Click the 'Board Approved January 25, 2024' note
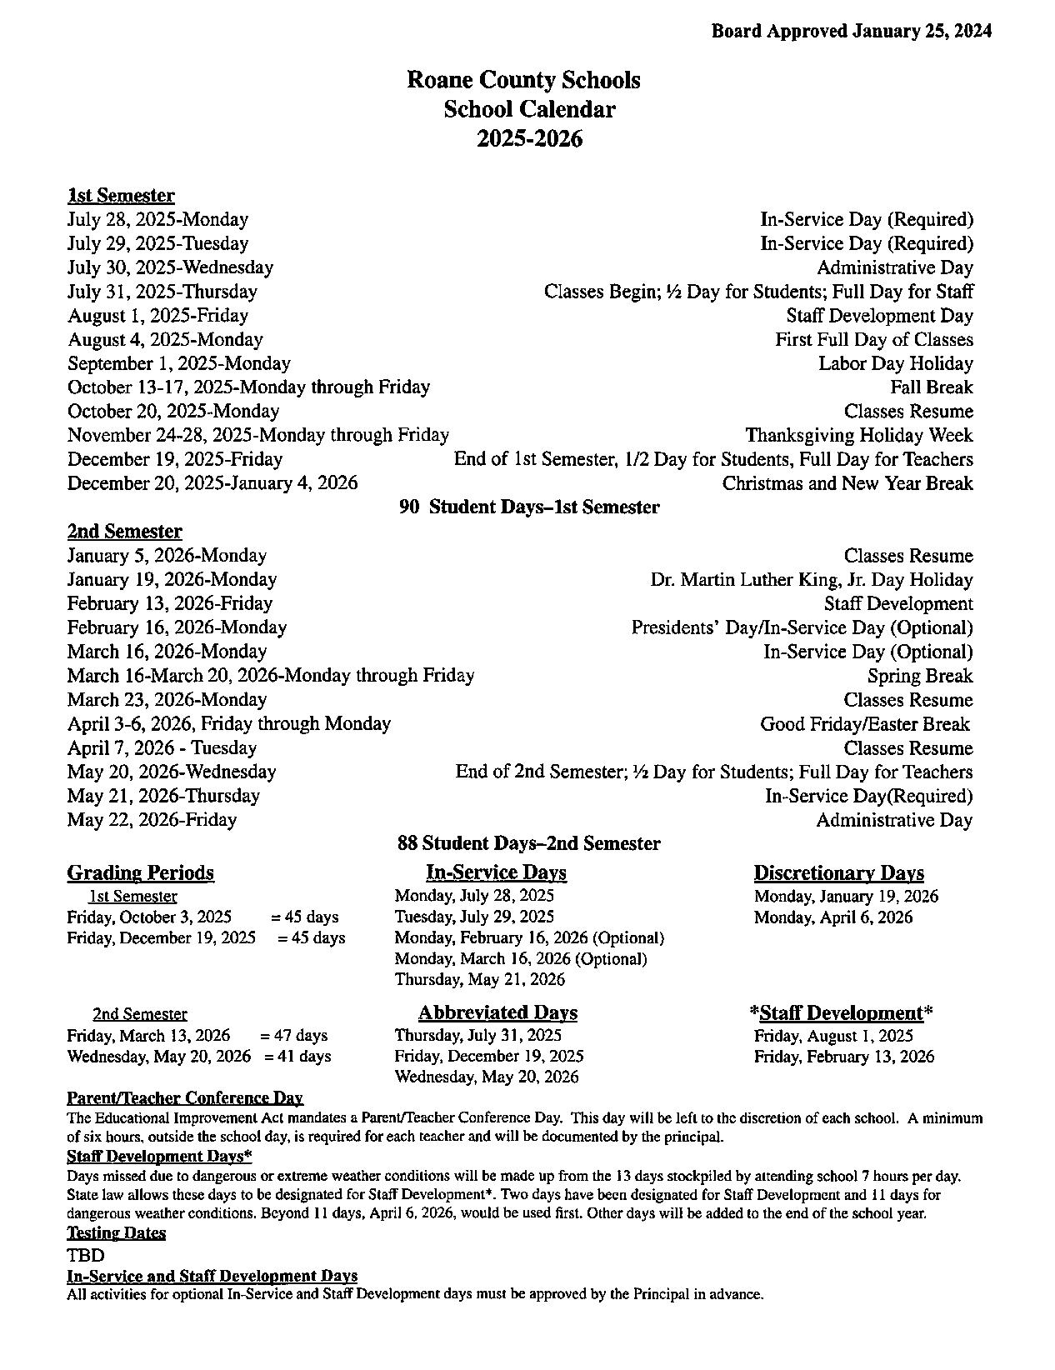[x=851, y=32]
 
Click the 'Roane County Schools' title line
[x=523, y=80]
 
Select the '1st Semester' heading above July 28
[x=121, y=196]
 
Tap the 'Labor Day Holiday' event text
[x=895, y=363]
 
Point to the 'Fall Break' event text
[x=931, y=387]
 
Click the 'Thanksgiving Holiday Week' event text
[x=858, y=435]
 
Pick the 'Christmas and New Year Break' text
[x=847, y=483]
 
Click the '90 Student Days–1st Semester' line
[x=529, y=507]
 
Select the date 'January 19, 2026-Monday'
[x=172, y=579]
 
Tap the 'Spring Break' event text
[x=920, y=676]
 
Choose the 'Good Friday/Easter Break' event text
[x=864, y=724]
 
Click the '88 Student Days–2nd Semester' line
[x=528, y=843]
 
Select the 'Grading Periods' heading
[x=140, y=872]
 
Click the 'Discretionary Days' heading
[x=838, y=873]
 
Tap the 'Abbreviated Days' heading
[x=497, y=1012]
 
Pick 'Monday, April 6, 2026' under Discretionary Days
[x=833, y=917]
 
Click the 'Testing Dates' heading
[x=116, y=1232]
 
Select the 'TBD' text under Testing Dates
[x=86, y=1255]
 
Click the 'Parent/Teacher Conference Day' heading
[x=184, y=1098]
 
